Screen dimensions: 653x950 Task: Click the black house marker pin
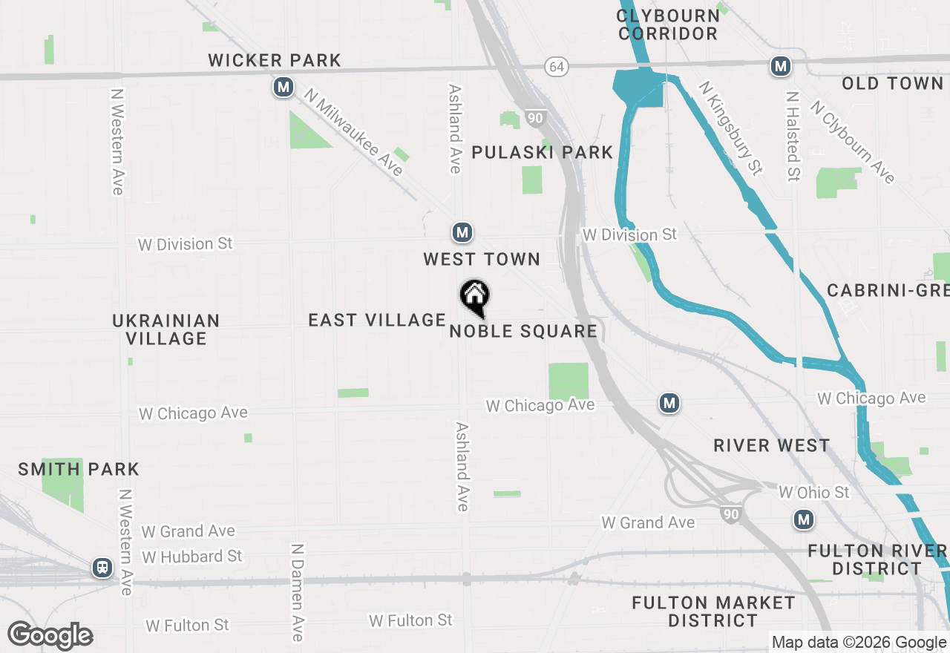475,298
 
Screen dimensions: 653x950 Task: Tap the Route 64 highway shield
557,67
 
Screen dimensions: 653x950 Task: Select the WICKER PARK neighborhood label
275,61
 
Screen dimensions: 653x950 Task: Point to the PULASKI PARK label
543,153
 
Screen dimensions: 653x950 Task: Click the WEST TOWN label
482,259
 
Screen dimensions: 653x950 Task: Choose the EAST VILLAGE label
377,320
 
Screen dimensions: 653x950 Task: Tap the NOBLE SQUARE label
523,331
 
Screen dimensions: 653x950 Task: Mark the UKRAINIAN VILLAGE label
166,329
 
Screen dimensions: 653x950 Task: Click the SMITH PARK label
79,469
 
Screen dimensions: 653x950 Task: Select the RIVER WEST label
771,445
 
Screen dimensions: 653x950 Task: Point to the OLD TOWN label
892,84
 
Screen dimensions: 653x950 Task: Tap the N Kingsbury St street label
730,128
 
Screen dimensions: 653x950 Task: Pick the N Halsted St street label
793,137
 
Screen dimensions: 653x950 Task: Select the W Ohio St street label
813,493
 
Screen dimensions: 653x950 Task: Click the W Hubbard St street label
192,556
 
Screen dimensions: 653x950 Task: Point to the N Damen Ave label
298,591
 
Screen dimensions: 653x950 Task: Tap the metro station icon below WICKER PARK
283,88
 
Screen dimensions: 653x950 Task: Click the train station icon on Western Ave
102,568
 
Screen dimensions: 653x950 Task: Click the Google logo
50,636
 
